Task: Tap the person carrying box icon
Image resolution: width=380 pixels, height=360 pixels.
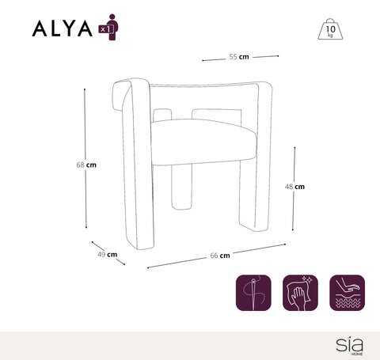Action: coord(111,26)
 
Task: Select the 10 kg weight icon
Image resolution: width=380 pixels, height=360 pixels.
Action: coord(329,29)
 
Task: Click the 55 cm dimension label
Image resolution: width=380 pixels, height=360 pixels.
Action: coord(239,57)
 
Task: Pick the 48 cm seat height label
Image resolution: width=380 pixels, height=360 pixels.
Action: coord(294,187)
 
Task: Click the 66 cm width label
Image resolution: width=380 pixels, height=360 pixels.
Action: coord(220,256)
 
